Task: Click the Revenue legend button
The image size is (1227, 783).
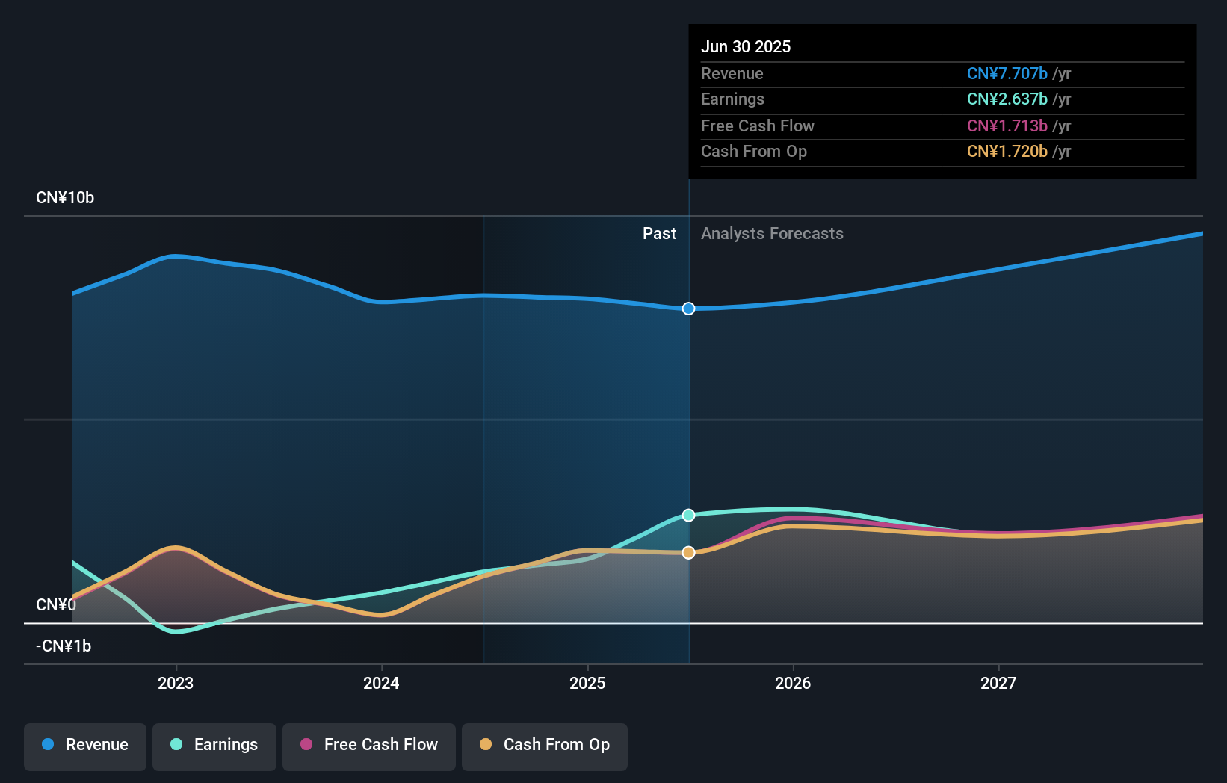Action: point(85,745)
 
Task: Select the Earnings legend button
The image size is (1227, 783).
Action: point(214,745)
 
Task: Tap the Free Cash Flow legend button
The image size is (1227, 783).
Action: point(369,745)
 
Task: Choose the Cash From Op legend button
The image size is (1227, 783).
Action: point(545,745)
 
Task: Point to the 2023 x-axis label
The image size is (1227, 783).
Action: point(176,683)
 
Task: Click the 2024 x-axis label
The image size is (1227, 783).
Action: point(381,683)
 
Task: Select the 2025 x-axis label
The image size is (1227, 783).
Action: point(587,683)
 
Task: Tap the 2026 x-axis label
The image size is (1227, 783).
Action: point(793,683)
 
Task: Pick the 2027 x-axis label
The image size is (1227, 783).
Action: point(998,683)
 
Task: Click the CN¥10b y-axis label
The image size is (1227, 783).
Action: point(65,198)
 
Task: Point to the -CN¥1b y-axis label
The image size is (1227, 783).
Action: point(64,646)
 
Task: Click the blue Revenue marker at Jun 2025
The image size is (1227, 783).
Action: point(689,309)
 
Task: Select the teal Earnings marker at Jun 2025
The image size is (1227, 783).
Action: point(689,515)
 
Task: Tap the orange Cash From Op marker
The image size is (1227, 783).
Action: point(689,553)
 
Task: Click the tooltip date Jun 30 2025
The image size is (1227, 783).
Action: point(746,46)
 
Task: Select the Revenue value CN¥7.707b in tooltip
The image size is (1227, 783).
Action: point(1007,73)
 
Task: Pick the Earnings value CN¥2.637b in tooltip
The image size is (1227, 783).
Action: point(1007,99)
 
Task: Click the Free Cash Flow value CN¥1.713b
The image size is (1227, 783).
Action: point(1007,126)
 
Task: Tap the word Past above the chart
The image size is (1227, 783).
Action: point(659,234)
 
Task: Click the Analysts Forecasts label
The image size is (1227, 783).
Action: point(772,234)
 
